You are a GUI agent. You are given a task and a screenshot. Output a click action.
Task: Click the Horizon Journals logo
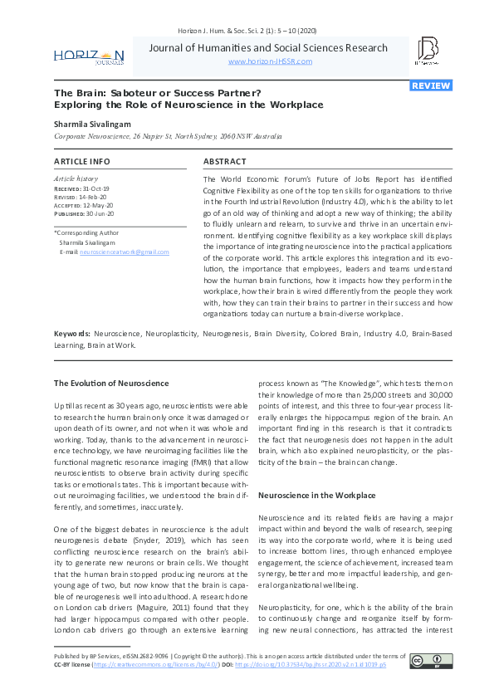tap(89, 56)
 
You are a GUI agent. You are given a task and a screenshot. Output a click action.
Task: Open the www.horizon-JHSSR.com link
tap(270, 61)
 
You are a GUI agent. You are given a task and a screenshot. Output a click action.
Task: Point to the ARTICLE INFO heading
tap(81, 161)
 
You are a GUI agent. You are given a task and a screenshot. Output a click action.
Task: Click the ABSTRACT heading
tap(225, 161)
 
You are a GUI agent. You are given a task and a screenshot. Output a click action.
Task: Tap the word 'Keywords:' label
tap(72, 332)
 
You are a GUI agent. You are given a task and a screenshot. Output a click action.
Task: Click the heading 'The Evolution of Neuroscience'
tap(111, 383)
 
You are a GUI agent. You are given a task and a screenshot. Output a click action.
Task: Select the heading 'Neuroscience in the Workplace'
tap(316, 495)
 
